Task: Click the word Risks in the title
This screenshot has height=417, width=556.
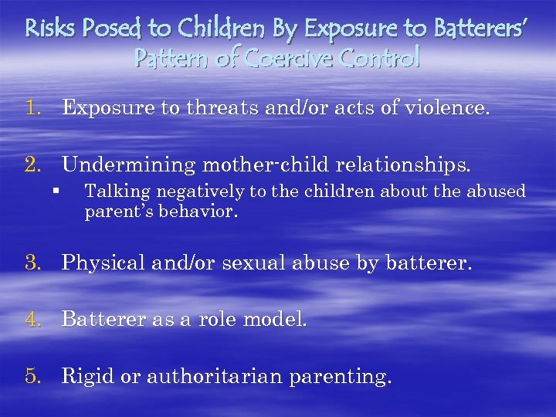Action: [x=47, y=29]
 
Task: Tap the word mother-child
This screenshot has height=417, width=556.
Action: [x=253, y=164]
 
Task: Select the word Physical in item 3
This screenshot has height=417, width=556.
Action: [x=103, y=263]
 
